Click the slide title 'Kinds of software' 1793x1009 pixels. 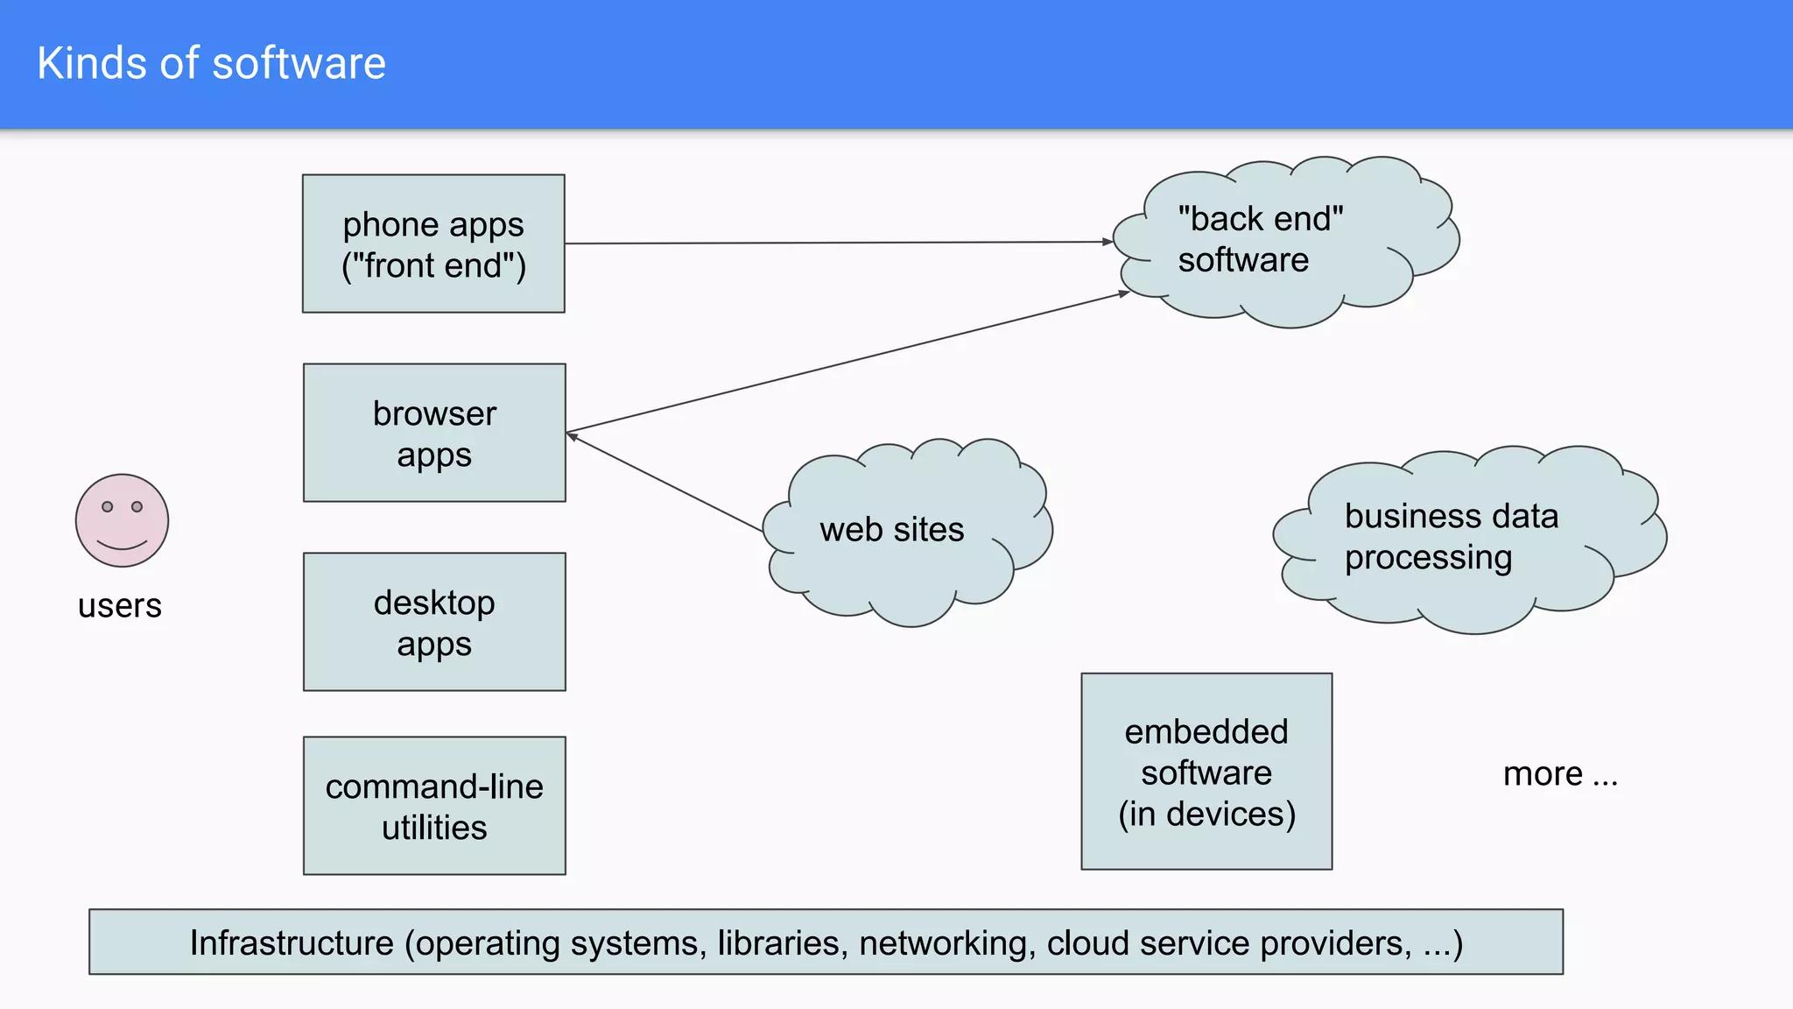click(211, 64)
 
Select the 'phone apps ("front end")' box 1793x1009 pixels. click(433, 243)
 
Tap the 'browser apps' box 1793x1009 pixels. click(434, 433)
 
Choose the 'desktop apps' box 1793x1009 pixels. click(434, 622)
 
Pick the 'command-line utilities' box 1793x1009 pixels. click(434, 806)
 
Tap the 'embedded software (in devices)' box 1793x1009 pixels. click(1206, 772)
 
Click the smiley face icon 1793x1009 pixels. click(122, 520)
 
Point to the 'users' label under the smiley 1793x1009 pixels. click(120, 606)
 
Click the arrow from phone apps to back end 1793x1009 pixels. click(832, 243)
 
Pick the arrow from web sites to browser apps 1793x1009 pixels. click(665, 483)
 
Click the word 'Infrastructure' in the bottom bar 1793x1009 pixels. click(292, 943)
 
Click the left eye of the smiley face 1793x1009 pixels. click(108, 506)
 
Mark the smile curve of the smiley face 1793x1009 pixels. click(122, 547)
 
